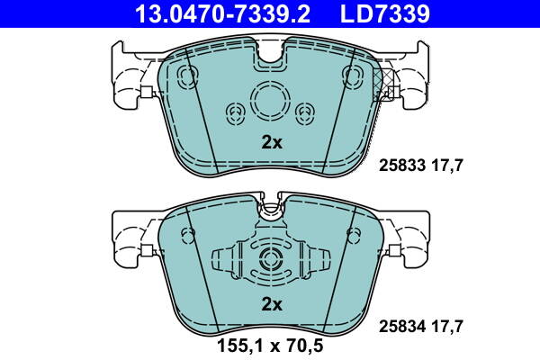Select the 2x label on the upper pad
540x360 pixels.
tap(271, 142)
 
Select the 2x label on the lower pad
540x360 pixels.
tap(271, 305)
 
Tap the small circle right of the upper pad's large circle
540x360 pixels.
tap(304, 112)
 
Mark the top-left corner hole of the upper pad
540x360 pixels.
tap(188, 73)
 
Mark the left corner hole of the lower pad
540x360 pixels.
tap(189, 236)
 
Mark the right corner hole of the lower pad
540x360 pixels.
tap(353, 236)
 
